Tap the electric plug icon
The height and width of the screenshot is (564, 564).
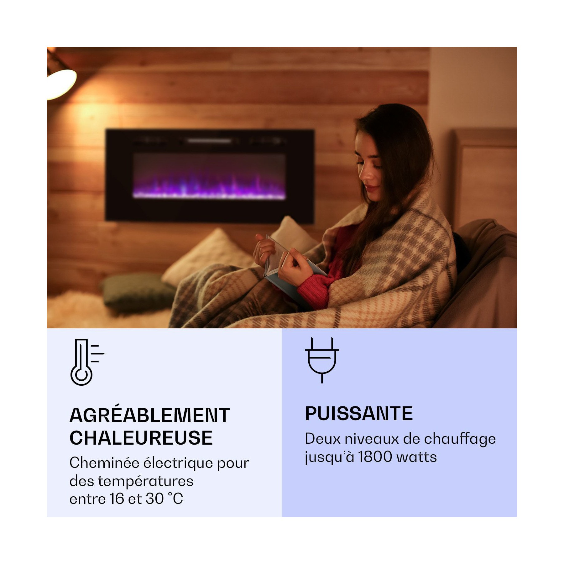322,360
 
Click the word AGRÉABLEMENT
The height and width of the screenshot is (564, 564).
149,415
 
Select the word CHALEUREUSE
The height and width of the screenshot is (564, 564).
141,438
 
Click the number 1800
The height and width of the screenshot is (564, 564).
375,457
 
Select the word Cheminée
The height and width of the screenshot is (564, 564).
104,463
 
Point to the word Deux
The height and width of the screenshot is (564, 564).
322,439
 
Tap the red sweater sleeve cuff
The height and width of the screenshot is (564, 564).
309,287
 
